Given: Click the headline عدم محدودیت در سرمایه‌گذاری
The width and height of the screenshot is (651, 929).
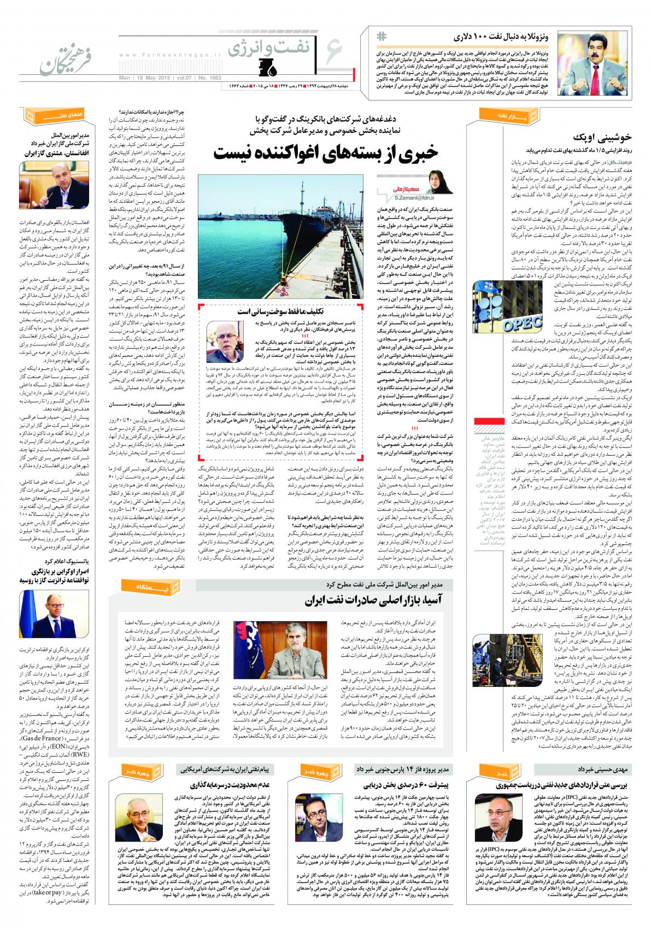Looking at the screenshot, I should pyautogui.click(x=241, y=786).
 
